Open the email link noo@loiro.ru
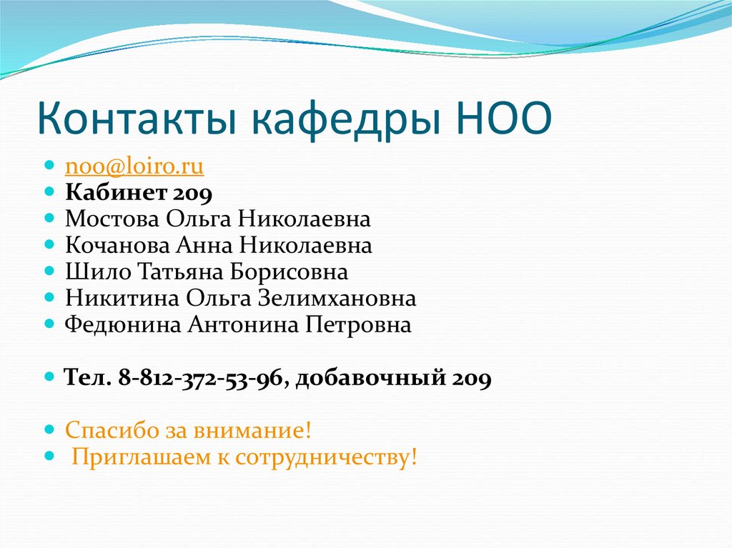[134, 166]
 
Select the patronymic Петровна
[359, 325]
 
